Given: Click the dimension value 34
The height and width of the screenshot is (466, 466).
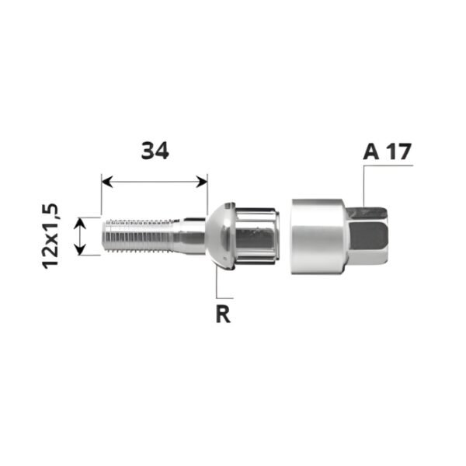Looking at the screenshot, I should (155, 151).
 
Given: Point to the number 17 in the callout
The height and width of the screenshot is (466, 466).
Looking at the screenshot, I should (398, 151).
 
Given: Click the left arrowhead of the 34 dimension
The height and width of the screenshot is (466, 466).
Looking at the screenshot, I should (106, 182).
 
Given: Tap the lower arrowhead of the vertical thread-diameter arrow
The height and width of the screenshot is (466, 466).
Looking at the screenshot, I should (78, 249).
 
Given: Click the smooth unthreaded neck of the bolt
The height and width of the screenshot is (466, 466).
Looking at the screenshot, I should (186, 235).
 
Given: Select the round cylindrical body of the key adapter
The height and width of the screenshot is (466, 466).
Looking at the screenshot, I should (318, 236).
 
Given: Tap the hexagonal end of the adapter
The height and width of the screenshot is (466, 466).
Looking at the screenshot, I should (370, 236).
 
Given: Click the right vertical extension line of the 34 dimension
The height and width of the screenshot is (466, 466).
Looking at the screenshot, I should (207, 194).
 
